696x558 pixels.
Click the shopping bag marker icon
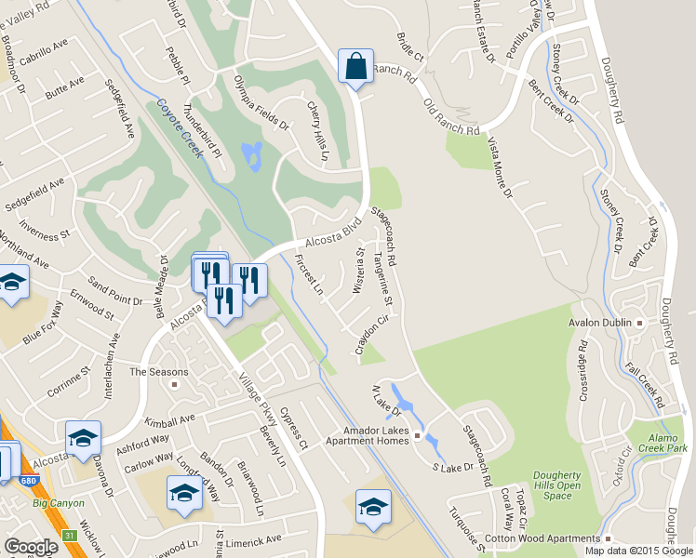(355, 67)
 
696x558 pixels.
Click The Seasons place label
(152, 371)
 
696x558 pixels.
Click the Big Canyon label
(58, 503)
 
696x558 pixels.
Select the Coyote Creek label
(180, 129)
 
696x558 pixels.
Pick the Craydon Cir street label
(370, 335)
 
